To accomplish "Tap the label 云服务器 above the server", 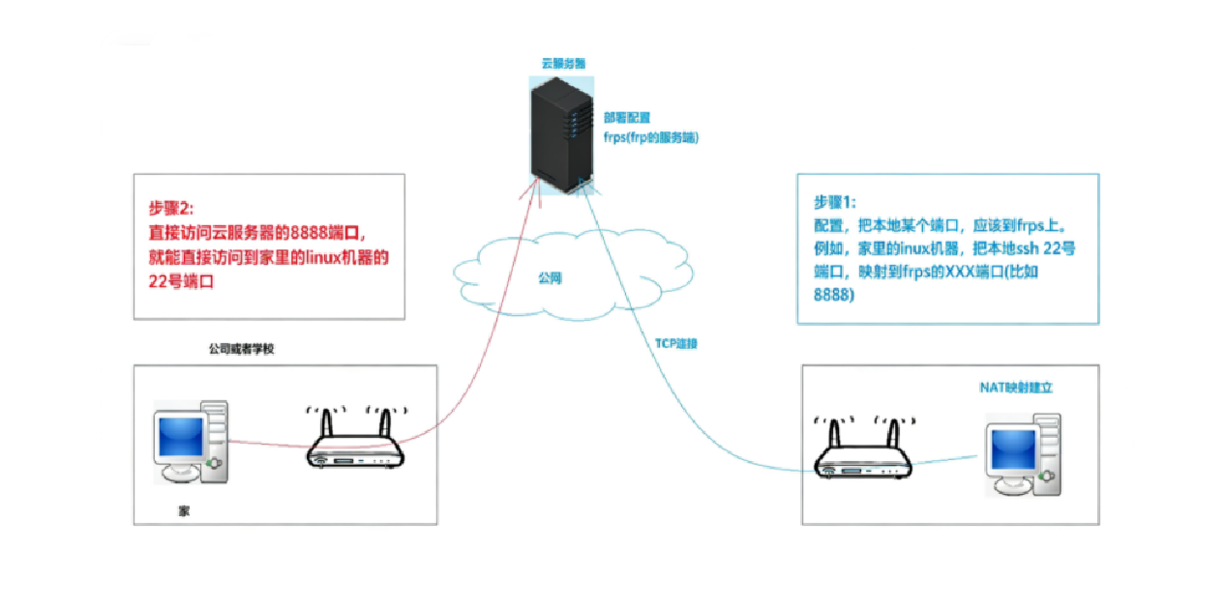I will click(562, 63).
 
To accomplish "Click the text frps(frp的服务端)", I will click(650, 137).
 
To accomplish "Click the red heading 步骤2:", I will click(171, 208).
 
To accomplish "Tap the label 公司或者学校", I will click(242, 348).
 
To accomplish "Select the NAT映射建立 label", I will click(1015, 387).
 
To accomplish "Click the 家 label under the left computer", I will click(184, 509).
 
